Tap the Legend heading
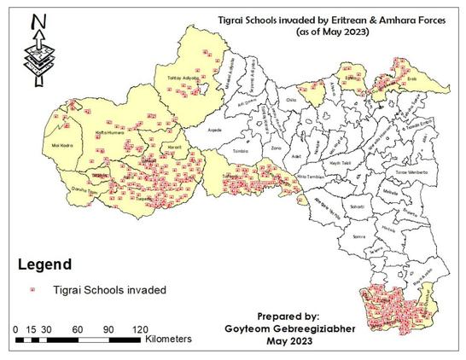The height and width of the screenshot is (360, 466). coord(42,265)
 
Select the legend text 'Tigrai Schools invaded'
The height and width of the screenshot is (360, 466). coord(110,290)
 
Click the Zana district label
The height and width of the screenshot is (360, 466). coord(276,148)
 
